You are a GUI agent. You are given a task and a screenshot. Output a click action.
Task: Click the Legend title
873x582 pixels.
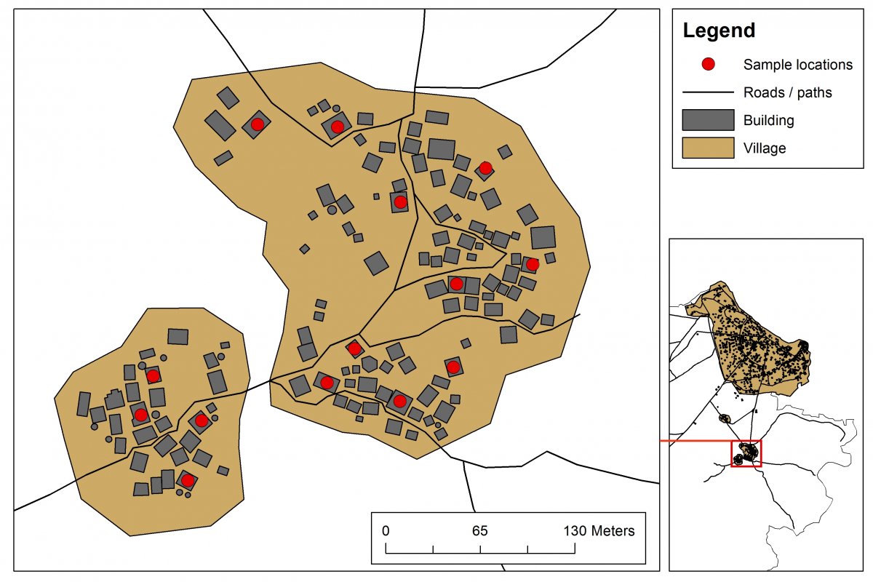click(719, 31)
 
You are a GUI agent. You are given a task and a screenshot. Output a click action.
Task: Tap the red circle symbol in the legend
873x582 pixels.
click(708, 65)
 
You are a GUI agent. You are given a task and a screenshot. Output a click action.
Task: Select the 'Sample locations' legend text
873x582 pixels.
click(797, 65)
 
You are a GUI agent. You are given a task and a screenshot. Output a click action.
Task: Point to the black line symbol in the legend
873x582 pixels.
click(708, 92)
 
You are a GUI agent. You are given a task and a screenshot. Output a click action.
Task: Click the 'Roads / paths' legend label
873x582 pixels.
click(787, 92)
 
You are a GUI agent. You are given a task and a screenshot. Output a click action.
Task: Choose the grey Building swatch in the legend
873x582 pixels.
click(708, 120)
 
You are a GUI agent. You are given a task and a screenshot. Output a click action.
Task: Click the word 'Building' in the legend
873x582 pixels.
click(768, 120)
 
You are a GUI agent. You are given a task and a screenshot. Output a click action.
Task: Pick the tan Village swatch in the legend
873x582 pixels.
click(708, 148)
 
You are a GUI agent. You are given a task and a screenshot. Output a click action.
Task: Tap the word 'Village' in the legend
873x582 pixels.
click(765, 148)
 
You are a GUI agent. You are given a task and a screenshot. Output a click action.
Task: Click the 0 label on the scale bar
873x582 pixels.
click(386, 530)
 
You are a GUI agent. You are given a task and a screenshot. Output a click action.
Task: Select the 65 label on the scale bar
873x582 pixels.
click(479, 530)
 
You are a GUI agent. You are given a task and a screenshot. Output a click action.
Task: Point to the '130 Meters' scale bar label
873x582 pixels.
click(599, 530)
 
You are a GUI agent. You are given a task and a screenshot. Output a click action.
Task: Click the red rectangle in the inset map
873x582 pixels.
click(746, 453)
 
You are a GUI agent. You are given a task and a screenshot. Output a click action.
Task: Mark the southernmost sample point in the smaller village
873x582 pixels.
click(187, 480)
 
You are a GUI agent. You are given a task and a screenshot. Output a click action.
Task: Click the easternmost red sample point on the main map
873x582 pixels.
click(532, 264)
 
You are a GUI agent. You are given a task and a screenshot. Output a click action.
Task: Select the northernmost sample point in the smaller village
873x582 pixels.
click(153, 376)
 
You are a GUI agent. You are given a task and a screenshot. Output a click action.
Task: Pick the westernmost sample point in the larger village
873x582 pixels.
click(257, 124)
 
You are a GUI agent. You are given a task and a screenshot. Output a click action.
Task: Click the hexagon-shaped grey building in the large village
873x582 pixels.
click(370, 364)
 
